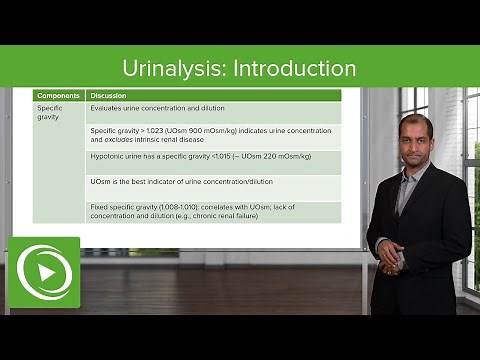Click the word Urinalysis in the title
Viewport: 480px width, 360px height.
(171, 69)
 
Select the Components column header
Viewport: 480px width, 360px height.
(58, 95)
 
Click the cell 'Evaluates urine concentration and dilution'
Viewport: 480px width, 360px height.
(157, 108)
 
